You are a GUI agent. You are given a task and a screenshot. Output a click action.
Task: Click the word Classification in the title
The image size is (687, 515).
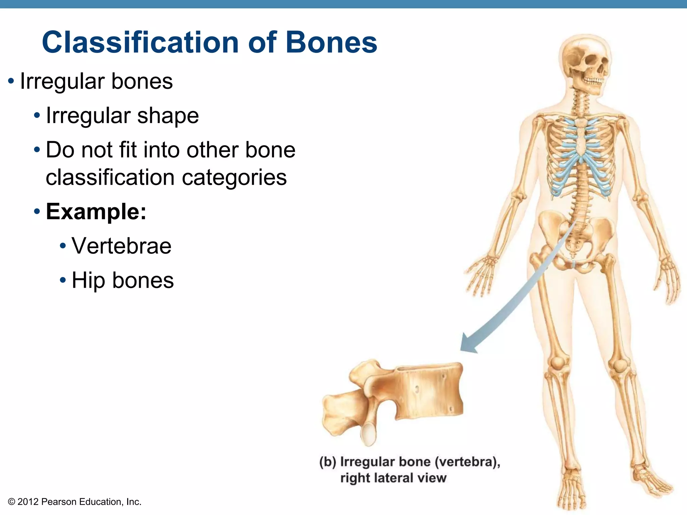click(140, 43)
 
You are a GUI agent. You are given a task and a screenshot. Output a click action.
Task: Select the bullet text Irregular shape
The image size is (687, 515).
click(122, 116)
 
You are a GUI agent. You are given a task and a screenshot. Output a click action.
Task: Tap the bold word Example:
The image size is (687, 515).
click(96, 212)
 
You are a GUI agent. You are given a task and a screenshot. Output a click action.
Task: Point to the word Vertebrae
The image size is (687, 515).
click(121, 246)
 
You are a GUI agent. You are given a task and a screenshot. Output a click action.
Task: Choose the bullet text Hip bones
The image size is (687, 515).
click(123, 280)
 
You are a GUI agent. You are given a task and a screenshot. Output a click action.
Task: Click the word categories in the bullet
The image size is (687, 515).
click(234, 177)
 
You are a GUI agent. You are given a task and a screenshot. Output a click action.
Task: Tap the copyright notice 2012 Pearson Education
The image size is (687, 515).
click(74, 502)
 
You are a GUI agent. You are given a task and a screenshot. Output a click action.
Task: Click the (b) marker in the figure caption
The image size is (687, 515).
click(327, 462)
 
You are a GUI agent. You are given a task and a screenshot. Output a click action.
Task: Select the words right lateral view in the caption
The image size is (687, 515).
click(393, 478)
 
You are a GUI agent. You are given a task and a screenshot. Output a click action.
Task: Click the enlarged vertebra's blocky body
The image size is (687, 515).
click(429, 391)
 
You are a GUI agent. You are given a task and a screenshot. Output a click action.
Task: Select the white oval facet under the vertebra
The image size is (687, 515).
click(369, 434)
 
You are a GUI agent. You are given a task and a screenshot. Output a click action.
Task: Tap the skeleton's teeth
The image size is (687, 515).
click(594, 81)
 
